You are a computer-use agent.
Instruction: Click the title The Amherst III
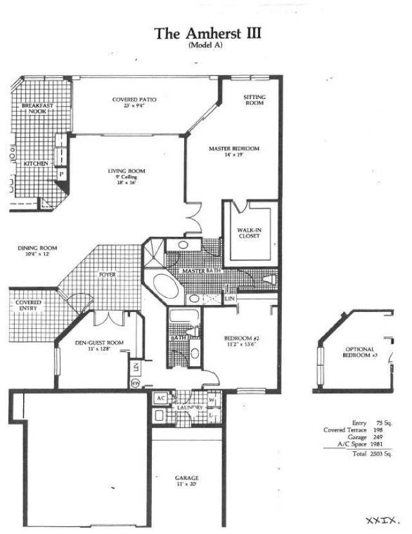click(x=207, y=33)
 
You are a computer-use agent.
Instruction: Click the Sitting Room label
click(x=254, y=100)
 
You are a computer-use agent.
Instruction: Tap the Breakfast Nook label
click(x=37, y=108)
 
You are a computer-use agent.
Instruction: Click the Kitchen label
click(x=35, y=164)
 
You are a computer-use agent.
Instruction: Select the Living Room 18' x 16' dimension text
click(x=126, y=183)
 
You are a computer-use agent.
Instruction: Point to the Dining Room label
click(x=37, y=251)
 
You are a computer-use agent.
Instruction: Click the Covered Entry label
click(x=28, y=306)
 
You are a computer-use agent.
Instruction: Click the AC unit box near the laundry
click(x=160, y=398)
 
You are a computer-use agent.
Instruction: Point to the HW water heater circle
click(x=136, y=383)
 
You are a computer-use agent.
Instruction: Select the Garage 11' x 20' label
click(x=187, y=481)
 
